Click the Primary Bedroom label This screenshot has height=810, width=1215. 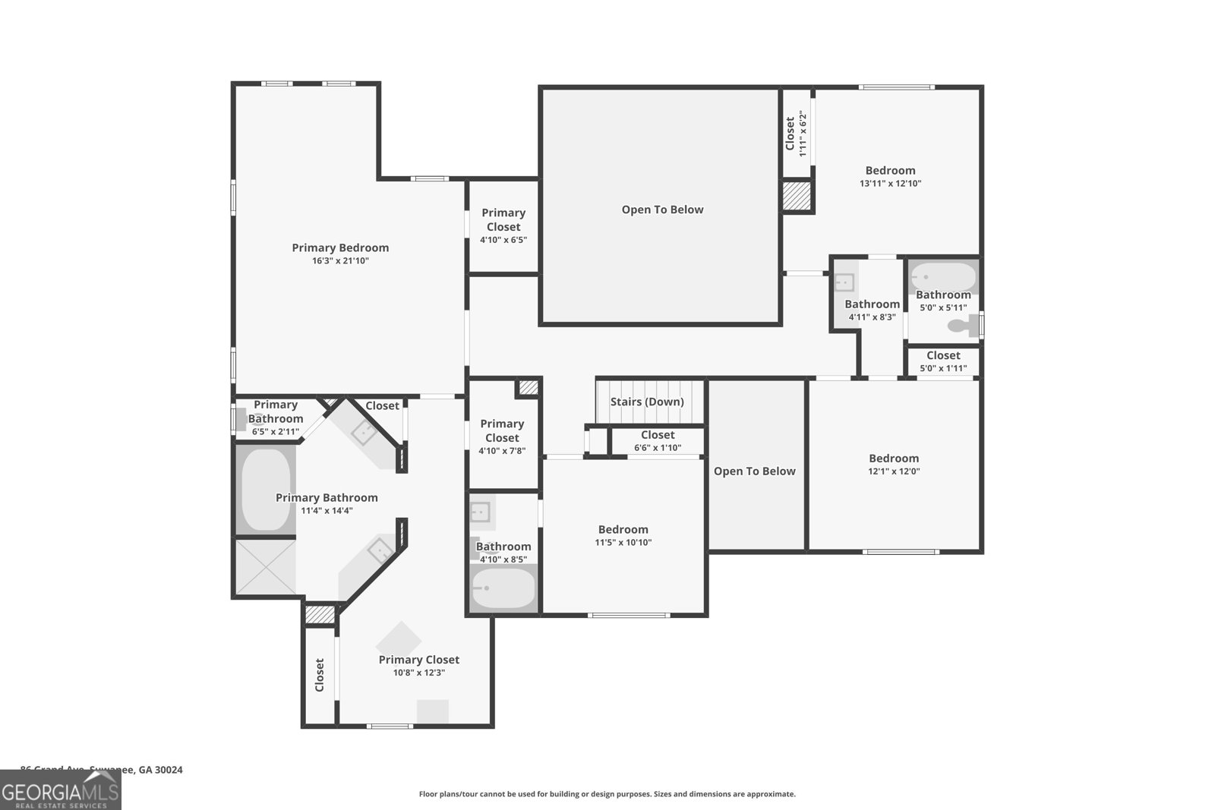click(340, 247)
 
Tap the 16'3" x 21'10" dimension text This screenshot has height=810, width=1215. click(340, 261)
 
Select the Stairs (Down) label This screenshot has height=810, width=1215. click(647, 402)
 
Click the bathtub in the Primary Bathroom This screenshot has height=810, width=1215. click(264, 489)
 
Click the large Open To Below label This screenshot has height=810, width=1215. click(662, 210)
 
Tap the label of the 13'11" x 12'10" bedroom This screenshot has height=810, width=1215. click(890, 171)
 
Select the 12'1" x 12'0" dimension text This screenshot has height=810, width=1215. click(894, 471)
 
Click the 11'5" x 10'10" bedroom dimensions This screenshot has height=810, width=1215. click(623, 543)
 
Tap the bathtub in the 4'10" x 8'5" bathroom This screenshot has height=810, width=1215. click(503, 588)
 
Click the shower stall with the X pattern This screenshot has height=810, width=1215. click(264, 566)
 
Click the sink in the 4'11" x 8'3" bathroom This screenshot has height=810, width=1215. click(844, 282)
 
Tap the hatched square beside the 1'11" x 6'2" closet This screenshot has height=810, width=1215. click(797, 196)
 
